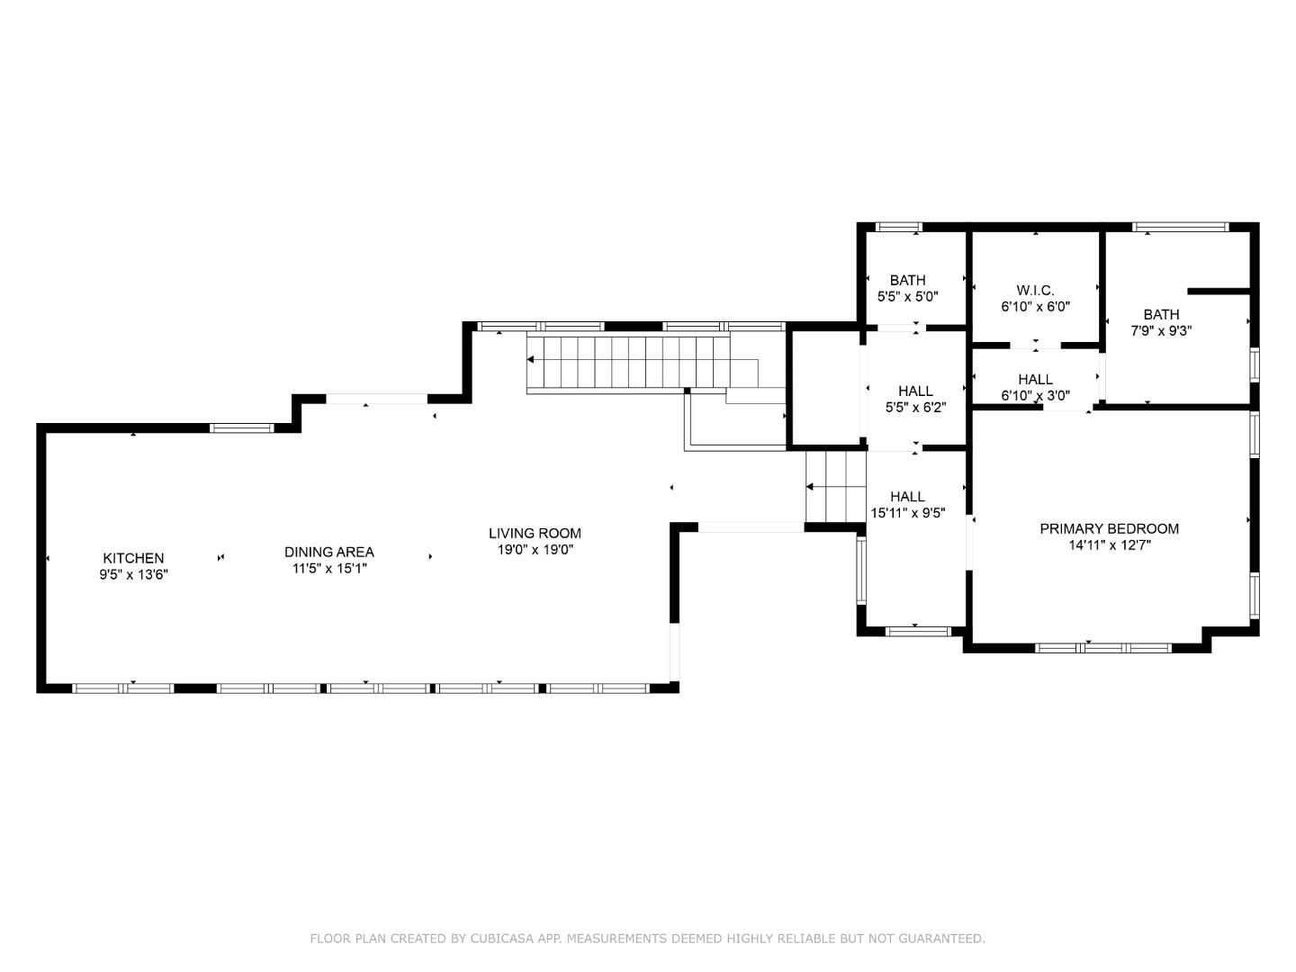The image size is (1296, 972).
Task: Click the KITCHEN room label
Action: point(133,558)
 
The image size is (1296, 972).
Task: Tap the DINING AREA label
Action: point(328,552)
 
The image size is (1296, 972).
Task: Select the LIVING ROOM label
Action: point(535,533)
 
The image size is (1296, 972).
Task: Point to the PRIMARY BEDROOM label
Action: point(1109,528)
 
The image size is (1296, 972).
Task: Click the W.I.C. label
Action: point(1035,290)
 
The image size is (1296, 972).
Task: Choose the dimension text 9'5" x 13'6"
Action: point(133,574)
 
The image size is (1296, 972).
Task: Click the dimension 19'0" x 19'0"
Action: point(535,549)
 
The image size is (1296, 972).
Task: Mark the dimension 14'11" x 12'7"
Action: point(1109,544)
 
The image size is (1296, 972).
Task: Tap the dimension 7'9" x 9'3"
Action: point(1161,330)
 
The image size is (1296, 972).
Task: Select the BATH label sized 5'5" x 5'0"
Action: point(907,280)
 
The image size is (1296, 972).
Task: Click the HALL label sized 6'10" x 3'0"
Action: point(1035,379)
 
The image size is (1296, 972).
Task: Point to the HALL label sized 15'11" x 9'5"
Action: point(907,496)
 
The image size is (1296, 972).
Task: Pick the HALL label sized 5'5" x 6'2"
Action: point(915,391)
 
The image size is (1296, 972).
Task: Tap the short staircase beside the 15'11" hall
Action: point(835,487)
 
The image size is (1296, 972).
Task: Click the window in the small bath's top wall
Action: point(898,227)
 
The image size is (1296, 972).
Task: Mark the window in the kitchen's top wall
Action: point(241,428)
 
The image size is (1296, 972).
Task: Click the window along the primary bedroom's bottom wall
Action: point(1103,647)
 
